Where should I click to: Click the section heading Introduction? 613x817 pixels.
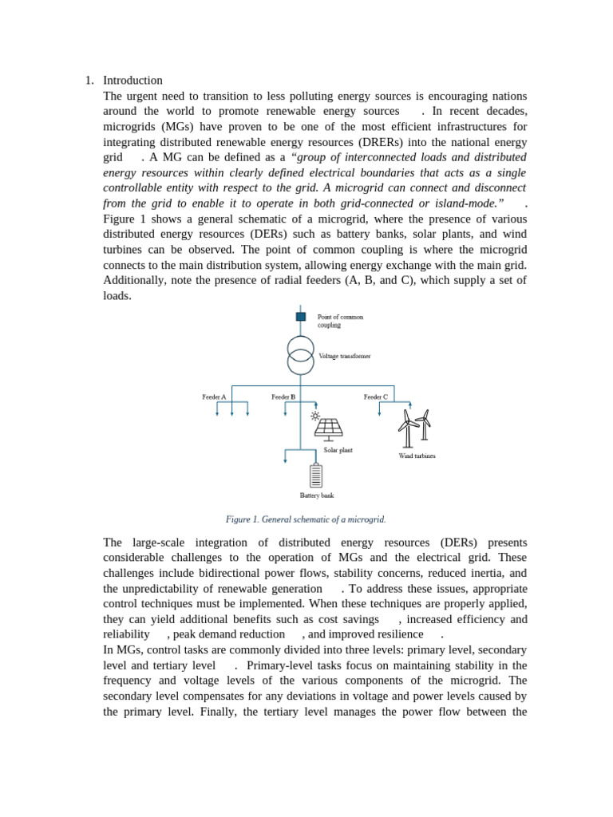132,81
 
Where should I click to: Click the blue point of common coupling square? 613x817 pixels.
301,317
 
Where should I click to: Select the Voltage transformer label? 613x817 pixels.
344,356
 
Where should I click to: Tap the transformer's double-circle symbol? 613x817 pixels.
301,355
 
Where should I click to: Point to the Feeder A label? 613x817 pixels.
214,397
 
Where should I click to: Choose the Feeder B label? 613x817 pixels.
283,397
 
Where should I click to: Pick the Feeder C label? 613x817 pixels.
376,397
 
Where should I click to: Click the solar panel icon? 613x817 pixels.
328,429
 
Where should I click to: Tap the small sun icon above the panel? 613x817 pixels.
315,416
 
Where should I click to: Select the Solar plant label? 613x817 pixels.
338,450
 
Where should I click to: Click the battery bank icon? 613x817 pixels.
316,476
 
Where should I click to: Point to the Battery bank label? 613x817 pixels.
317,495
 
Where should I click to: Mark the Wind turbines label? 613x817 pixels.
417,456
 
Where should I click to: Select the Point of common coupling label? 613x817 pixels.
340,321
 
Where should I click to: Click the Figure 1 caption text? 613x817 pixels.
306,519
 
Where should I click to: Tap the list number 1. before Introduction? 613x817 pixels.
89,81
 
